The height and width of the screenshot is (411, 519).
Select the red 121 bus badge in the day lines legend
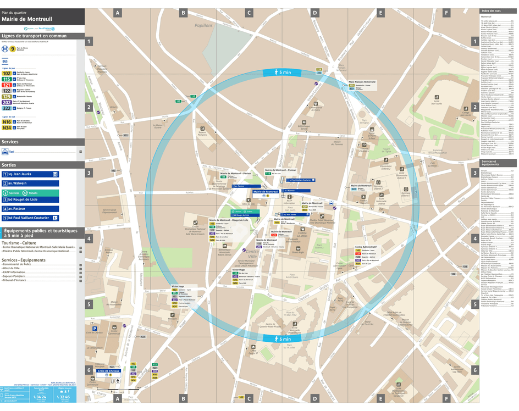(7, 85)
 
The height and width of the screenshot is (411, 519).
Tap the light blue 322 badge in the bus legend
(7, 108)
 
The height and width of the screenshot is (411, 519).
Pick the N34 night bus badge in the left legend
(7, 127)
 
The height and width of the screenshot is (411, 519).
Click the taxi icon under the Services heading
(5, 151)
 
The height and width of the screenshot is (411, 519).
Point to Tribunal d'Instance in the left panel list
(16, 280)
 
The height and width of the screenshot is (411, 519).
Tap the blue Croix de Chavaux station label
(109, 371)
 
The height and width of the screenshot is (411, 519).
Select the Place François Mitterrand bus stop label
(362, 82)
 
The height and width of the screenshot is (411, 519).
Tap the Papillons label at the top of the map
(203, 25)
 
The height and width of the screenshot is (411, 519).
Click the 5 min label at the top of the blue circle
(285, 73)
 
